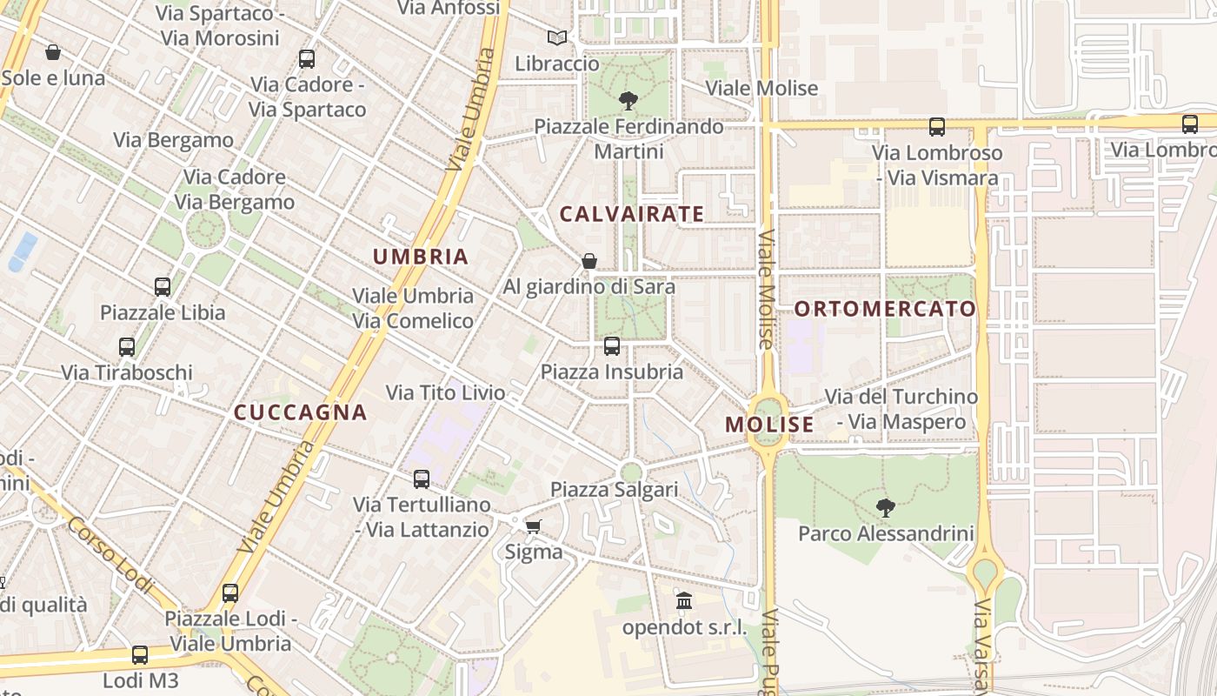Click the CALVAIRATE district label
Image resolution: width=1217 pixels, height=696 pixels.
[631, 214]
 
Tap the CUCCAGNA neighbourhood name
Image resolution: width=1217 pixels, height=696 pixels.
[301, 412]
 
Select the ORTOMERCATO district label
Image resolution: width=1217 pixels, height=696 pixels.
[885, 309]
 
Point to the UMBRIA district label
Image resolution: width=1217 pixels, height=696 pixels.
[421, 257]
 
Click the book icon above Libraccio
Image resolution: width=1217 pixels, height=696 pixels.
[557, 38]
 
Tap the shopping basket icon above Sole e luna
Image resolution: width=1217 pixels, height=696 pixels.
[53, 52]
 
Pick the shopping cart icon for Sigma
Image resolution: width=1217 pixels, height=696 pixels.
[534, 526]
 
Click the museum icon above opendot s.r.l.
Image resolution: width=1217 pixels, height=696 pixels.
[684, 601]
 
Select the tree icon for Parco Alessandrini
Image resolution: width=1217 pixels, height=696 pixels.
[885, 507]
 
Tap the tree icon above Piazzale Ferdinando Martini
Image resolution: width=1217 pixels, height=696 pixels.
[628, 101]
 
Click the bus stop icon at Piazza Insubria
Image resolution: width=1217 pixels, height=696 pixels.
[612, 346]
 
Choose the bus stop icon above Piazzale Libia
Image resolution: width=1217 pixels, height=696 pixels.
[163, 286]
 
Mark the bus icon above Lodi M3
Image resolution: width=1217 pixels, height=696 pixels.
[140, 654]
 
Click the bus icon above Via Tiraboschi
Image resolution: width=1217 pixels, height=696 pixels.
[127, 347]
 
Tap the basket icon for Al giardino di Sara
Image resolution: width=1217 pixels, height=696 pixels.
[589, 261]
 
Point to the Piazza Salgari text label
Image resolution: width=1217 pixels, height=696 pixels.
[614, 490]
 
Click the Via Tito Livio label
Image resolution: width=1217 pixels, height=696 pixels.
[445, 393]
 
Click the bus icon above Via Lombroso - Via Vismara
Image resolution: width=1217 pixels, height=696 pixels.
[937, 127]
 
